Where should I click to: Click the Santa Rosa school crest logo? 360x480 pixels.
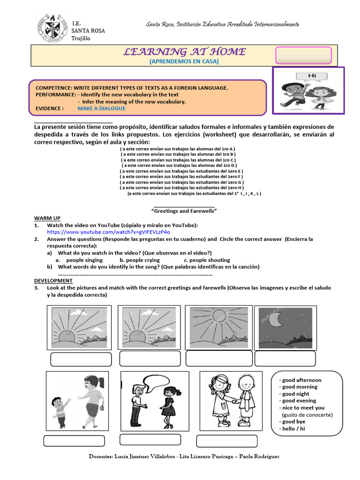52,28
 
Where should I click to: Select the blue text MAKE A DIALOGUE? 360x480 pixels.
101,108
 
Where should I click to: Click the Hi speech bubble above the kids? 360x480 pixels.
311,76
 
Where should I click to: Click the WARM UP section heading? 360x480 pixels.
47,218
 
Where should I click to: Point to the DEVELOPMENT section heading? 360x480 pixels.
53,280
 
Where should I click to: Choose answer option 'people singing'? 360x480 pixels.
84,260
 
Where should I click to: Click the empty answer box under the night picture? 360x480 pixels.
285,359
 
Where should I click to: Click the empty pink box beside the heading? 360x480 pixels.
303,55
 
